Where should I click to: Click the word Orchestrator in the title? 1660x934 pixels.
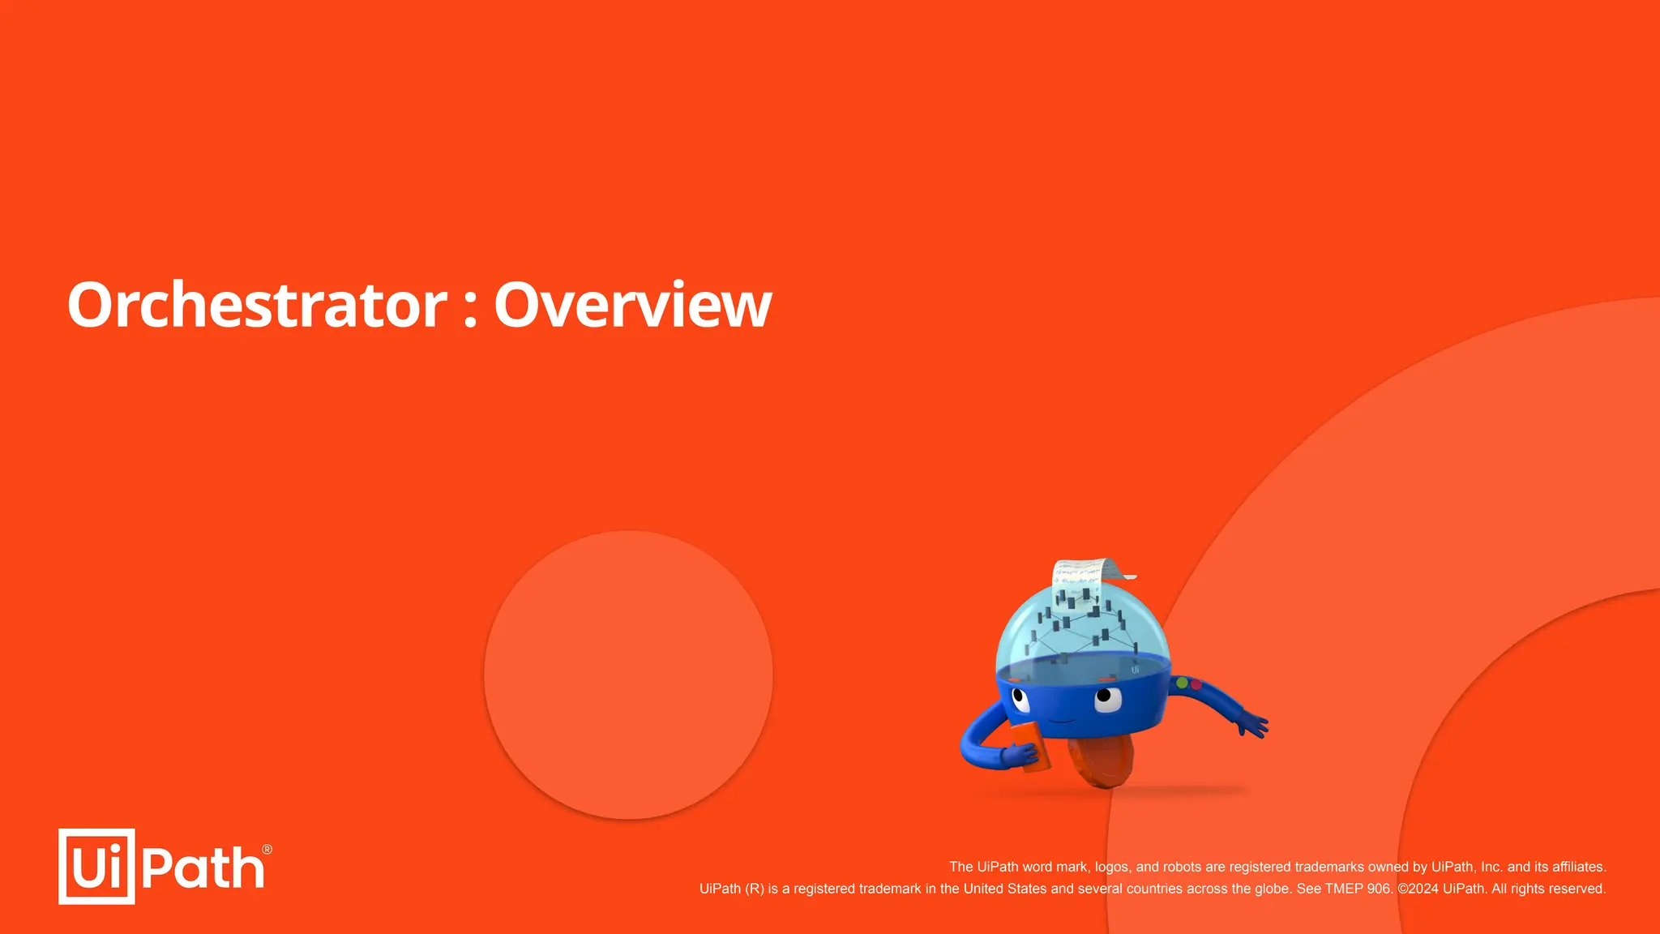pos(257,305)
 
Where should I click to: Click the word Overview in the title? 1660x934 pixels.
pos(632,305)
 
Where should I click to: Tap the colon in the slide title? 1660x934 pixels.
pos(470,309)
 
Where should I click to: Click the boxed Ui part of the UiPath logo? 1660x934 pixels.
pos(96,866)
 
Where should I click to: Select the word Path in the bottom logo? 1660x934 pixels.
pos(203,868)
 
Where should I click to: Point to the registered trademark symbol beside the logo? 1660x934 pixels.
pos(267,850)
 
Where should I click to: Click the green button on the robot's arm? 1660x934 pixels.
pos(1182,683)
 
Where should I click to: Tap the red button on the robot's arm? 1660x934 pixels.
pos(1196,685)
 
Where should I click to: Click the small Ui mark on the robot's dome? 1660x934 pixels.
pos(1135,670)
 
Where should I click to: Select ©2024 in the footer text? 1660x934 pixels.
pos(1418,889)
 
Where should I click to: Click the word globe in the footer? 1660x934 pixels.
pos(1270,889)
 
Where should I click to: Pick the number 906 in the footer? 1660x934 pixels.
pos(1378,889)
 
